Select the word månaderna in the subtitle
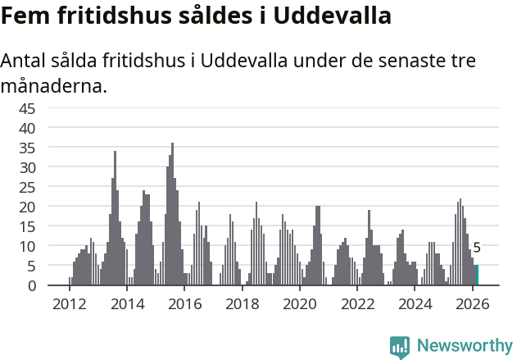tap(54, 85)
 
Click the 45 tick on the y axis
tap(49, 108)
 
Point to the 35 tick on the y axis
tap(49, 148)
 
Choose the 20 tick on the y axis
tap(49, 207)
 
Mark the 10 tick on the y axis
tap(49, 246)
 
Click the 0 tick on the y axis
tap(54, 285)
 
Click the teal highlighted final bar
tap(477, 276)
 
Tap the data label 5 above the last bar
tap(477, 248)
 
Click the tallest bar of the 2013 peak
tap(115, 218)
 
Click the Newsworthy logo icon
tap(400, 346)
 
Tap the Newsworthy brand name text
tap(464, 346)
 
